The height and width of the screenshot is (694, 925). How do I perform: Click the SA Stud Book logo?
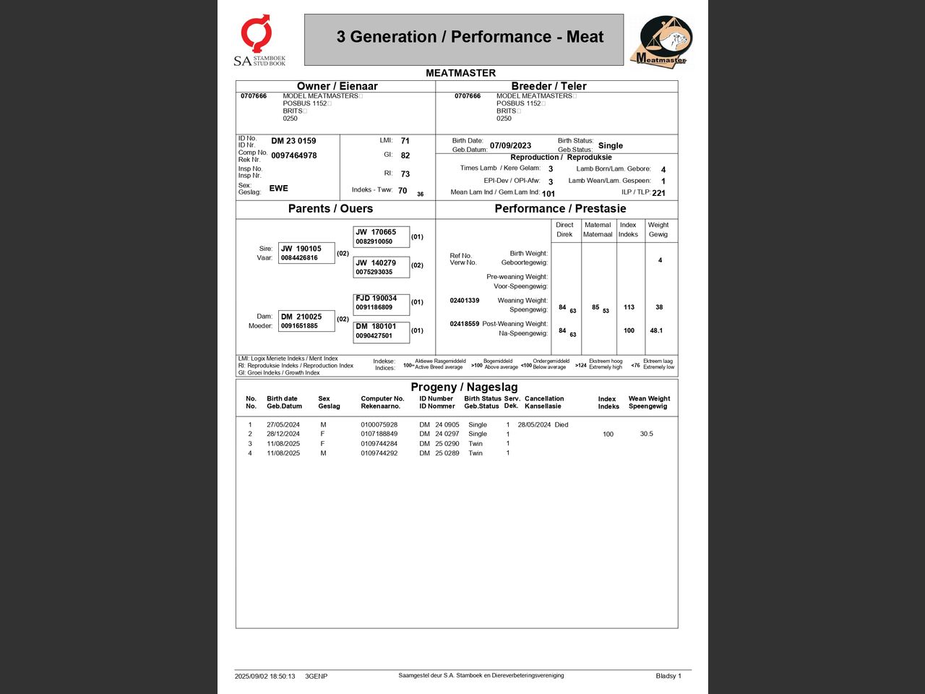259,41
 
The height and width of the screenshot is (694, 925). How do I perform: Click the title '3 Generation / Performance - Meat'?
470,37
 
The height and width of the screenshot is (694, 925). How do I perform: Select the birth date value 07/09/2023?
510,145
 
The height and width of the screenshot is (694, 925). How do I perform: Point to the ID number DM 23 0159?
293,141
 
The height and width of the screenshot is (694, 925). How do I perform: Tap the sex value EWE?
278,188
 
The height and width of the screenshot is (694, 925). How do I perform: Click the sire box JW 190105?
306,253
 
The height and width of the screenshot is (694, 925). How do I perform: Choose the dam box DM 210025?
306,321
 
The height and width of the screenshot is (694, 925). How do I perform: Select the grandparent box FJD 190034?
381,302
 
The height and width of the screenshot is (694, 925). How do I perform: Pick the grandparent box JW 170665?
381,236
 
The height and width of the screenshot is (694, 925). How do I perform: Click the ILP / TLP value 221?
658,193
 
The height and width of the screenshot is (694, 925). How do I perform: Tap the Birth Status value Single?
611,145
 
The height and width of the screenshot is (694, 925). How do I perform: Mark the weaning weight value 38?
659,307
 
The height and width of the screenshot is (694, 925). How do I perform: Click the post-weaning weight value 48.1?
656,330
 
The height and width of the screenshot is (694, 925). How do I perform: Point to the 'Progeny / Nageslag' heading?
464,387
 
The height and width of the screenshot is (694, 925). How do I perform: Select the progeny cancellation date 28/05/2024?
534,425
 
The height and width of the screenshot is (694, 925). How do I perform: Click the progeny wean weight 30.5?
646,434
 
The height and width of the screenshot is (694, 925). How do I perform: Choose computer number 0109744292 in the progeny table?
379,453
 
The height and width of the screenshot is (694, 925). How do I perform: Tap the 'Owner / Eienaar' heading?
337,86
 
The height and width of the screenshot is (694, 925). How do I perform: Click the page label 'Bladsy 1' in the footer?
668,676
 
